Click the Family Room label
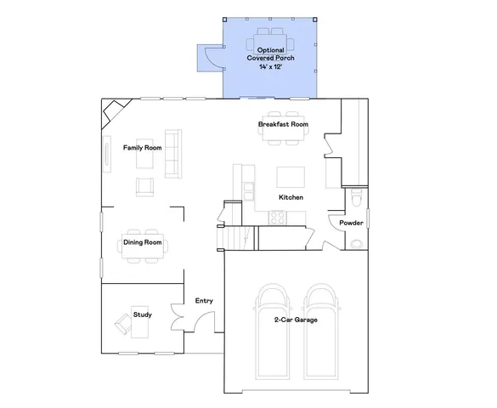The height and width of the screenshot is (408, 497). [142, 147]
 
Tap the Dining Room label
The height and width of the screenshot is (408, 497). [143, 242]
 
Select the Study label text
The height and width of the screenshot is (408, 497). [143, 315]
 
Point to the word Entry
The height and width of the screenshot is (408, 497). [204, 301]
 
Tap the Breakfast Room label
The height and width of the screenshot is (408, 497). [283, 125]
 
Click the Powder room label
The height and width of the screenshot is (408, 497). [351, 224]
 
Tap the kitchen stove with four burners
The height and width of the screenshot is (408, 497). [277, 217]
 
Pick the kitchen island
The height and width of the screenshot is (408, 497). [290, 177]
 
